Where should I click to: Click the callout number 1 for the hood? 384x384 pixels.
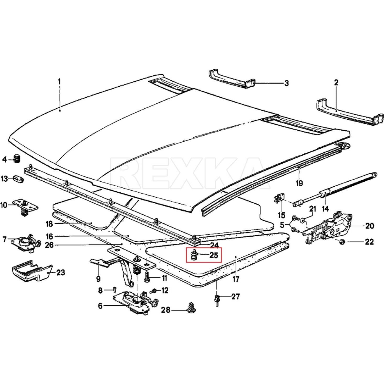point(59,82)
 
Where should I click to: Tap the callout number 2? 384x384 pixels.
point(336,83)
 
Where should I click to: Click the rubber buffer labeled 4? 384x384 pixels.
point(17,159)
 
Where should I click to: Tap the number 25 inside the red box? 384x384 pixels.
point(214,255)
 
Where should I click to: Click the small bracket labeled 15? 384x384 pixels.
point(279,200)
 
